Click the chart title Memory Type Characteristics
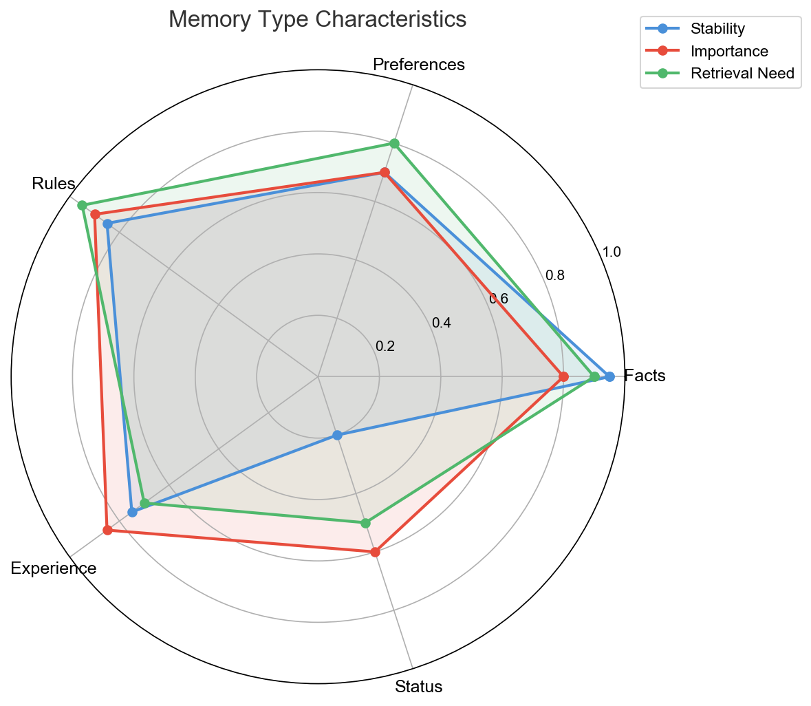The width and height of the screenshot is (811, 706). (x=317, y=19)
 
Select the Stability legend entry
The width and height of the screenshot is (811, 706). (x=717, y=29)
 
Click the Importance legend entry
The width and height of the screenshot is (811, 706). (x=729, y=51)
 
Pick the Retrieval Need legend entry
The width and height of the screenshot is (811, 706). (x=742, y=74)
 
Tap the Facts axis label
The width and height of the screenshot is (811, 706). (x=645, y=376)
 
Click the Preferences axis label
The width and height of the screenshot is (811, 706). (x=419, y=65)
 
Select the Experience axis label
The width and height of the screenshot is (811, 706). (x=54, y=569)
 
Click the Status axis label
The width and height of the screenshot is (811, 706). (x=418, y=687)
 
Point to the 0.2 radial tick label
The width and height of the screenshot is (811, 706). (x=385, y=346)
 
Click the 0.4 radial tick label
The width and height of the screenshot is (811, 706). (x=441, y=323)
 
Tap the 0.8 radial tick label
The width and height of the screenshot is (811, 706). (x=555, y=276)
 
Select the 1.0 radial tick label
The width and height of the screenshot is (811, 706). (x=612, y=253)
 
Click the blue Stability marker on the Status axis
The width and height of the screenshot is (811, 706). (x=337, y=435)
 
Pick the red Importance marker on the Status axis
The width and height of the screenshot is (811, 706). (x=375, y=552)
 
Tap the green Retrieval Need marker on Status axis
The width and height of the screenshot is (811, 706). (x=365, y=523)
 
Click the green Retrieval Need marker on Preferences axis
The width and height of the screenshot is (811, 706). (x=394, y=143)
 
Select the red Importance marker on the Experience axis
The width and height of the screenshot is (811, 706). (x=107, y=530)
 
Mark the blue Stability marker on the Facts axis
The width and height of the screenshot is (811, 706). (x=609, y=376)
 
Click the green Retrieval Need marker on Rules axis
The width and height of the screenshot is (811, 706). (x=82, y=205)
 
